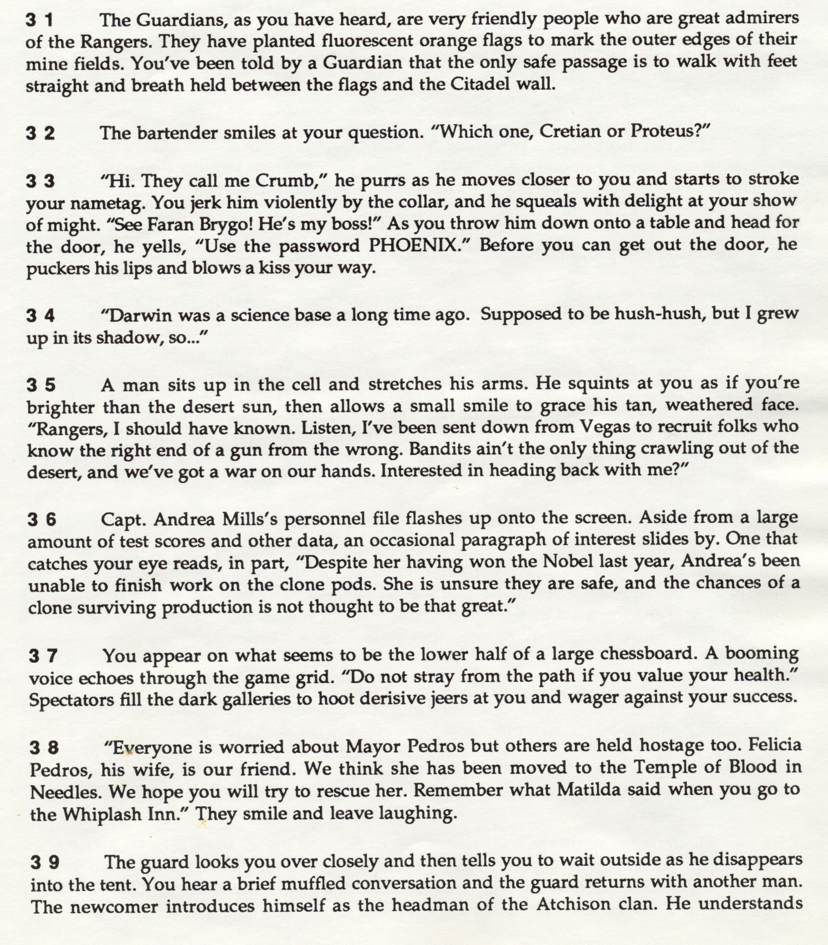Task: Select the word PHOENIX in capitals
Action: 412,246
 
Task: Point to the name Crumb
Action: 284,181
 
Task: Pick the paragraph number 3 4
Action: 40,316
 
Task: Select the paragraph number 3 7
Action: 43,656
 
